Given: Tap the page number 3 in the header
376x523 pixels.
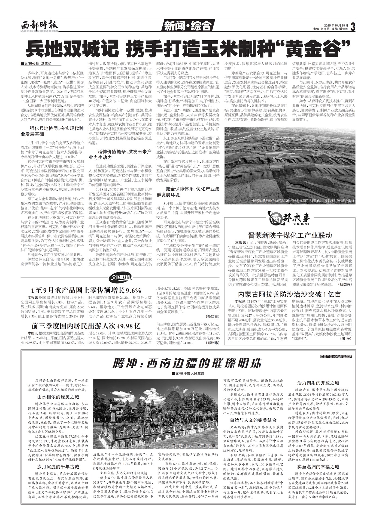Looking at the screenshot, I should [x=353, y=27].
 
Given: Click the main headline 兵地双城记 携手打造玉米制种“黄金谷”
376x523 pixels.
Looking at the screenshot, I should [x=187, y=48].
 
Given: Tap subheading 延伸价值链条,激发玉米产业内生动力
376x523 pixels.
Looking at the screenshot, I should [x=120, y=155].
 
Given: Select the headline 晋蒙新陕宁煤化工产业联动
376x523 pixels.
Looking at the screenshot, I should [x=290, y=235].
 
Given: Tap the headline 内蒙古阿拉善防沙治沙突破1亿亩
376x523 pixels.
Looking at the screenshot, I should [x=290, y=294].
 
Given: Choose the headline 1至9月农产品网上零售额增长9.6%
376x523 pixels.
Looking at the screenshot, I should [x=86, y=290].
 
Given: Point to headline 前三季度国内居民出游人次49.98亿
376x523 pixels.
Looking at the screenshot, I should [x=86, y=326].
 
